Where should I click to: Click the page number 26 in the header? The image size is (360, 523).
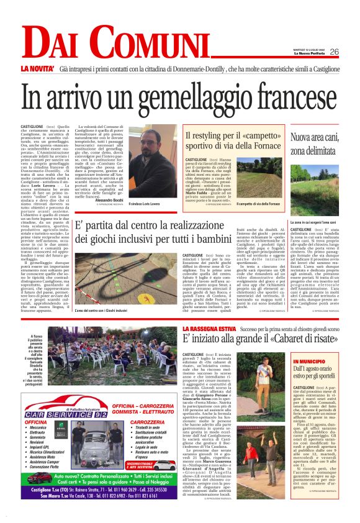pos(351,52)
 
